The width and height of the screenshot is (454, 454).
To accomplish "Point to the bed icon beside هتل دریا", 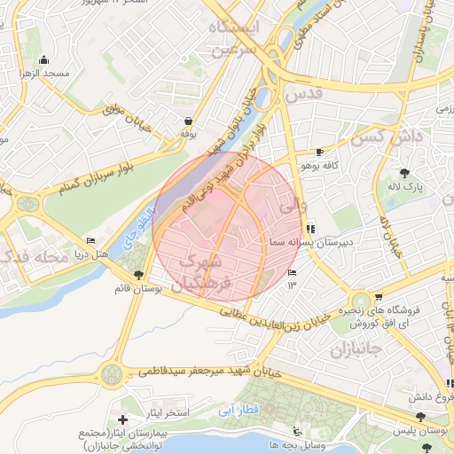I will click(90, 240).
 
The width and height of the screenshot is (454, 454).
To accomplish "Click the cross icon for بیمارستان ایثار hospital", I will click(122, 418).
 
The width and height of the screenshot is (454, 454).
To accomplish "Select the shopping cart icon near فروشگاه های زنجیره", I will click(380, 297).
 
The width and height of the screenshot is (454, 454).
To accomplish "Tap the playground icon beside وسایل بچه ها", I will click(275, 444).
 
